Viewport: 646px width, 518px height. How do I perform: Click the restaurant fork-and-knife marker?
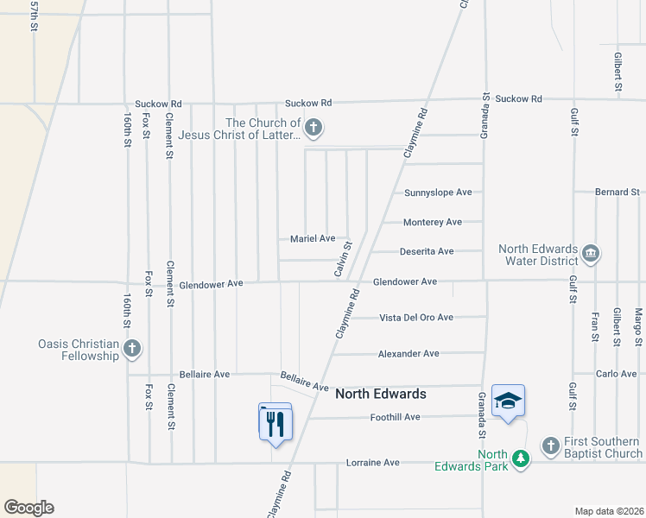[x=276, y=423]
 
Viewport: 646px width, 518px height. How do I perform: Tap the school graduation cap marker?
[x=509, y=401]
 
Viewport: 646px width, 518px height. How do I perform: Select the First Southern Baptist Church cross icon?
[x=551, y=445]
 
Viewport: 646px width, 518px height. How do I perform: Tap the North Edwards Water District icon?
[x=591, y=253]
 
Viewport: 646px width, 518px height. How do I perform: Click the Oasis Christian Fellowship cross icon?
[x=131, y=349]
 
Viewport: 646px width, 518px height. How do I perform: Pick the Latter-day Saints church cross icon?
[x=313, y=129]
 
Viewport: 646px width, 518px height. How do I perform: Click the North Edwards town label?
[x=380, y=394]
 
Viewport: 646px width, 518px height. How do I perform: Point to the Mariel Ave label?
[x=313, y=238]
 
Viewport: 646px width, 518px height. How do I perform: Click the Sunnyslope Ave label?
[x=438, y=192]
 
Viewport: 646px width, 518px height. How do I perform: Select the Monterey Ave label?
[x=433, y=222]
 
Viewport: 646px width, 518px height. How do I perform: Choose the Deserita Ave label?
[x=426, y=251]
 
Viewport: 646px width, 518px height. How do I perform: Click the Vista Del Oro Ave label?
[x=416, y=318]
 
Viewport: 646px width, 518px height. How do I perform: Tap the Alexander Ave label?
[x=408, y=354]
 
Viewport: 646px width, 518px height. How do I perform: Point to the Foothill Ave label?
[x=395, y=417]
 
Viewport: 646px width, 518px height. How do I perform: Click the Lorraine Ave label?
[x=373, y=463]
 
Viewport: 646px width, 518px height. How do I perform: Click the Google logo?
[x=28, y=508]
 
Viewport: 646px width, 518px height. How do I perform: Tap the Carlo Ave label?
[x=616, y=374]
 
